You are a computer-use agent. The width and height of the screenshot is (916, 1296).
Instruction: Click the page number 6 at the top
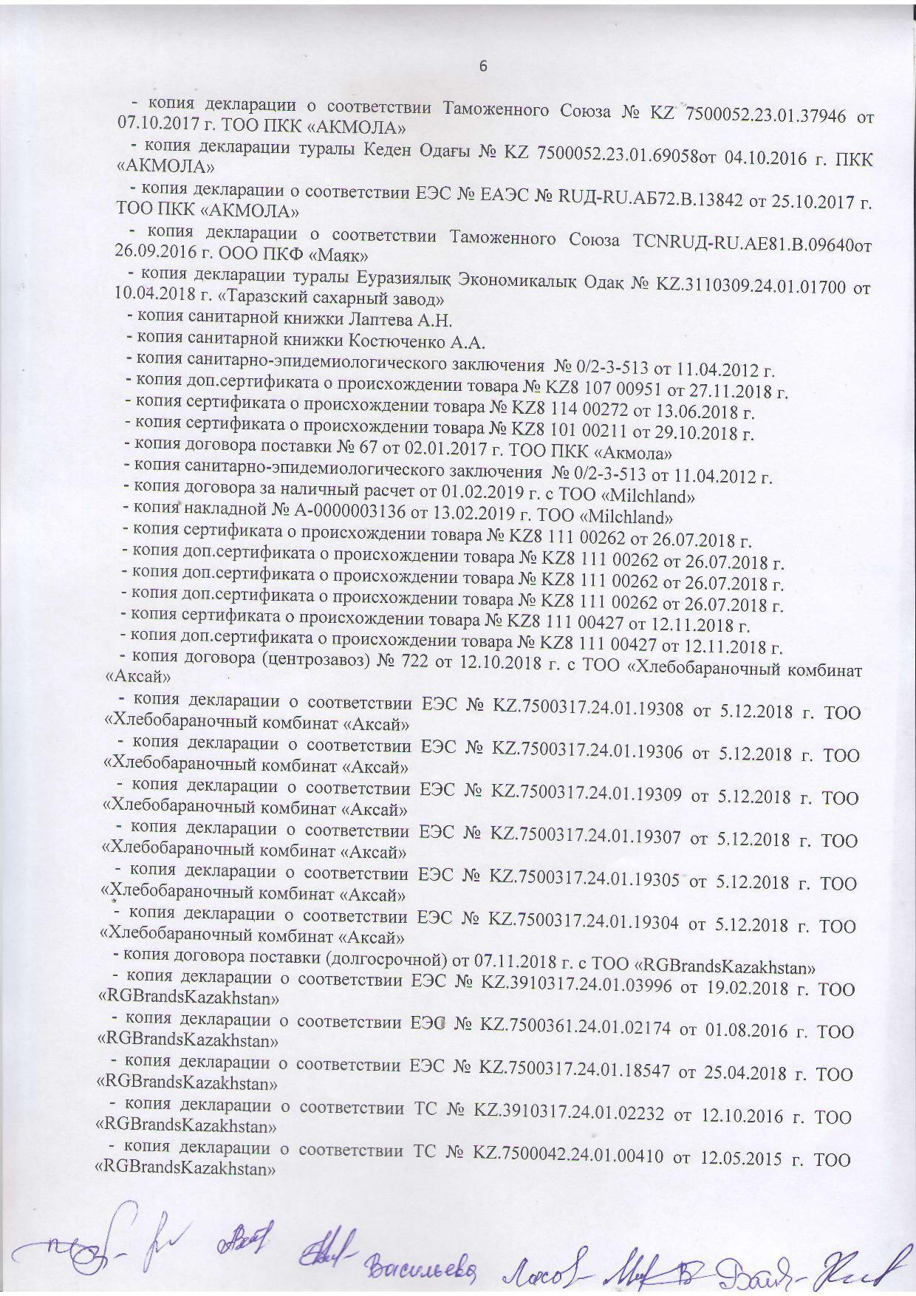(x=484, y=66)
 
